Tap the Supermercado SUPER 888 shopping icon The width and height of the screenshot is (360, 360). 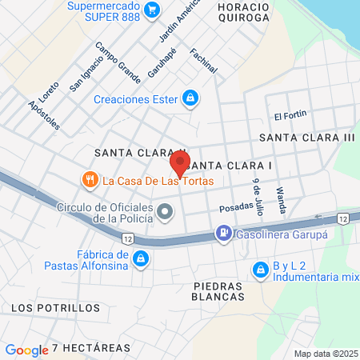pyautogui.click(x=154, y=10)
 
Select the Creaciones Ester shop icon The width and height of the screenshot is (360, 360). pyautogui.click(x=190, y=99)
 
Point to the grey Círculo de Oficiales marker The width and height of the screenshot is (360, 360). pyautogui.click(x=166, y=213)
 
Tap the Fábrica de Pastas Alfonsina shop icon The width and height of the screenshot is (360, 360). pyautogui.click(x=141, y=258)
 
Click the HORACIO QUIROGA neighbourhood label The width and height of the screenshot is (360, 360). pyautogui.click(x=243, y=11)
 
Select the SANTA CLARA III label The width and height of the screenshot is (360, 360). pyautogui.click(x=306, y=138)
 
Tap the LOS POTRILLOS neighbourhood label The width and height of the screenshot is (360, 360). pyautogui.click(x=44, y=307)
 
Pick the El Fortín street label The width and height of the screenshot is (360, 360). pyautogui.click(x=290, y=115)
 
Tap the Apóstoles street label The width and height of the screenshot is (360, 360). pyautogui.click(x=43, y=115)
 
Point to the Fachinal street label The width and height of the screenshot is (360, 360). pyautogui.click(x=204, y=60)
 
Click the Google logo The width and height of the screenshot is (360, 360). pyautogui.click(x=26, y=350)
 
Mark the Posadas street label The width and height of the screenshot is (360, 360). pyautogui.click(x=236, y=208)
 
